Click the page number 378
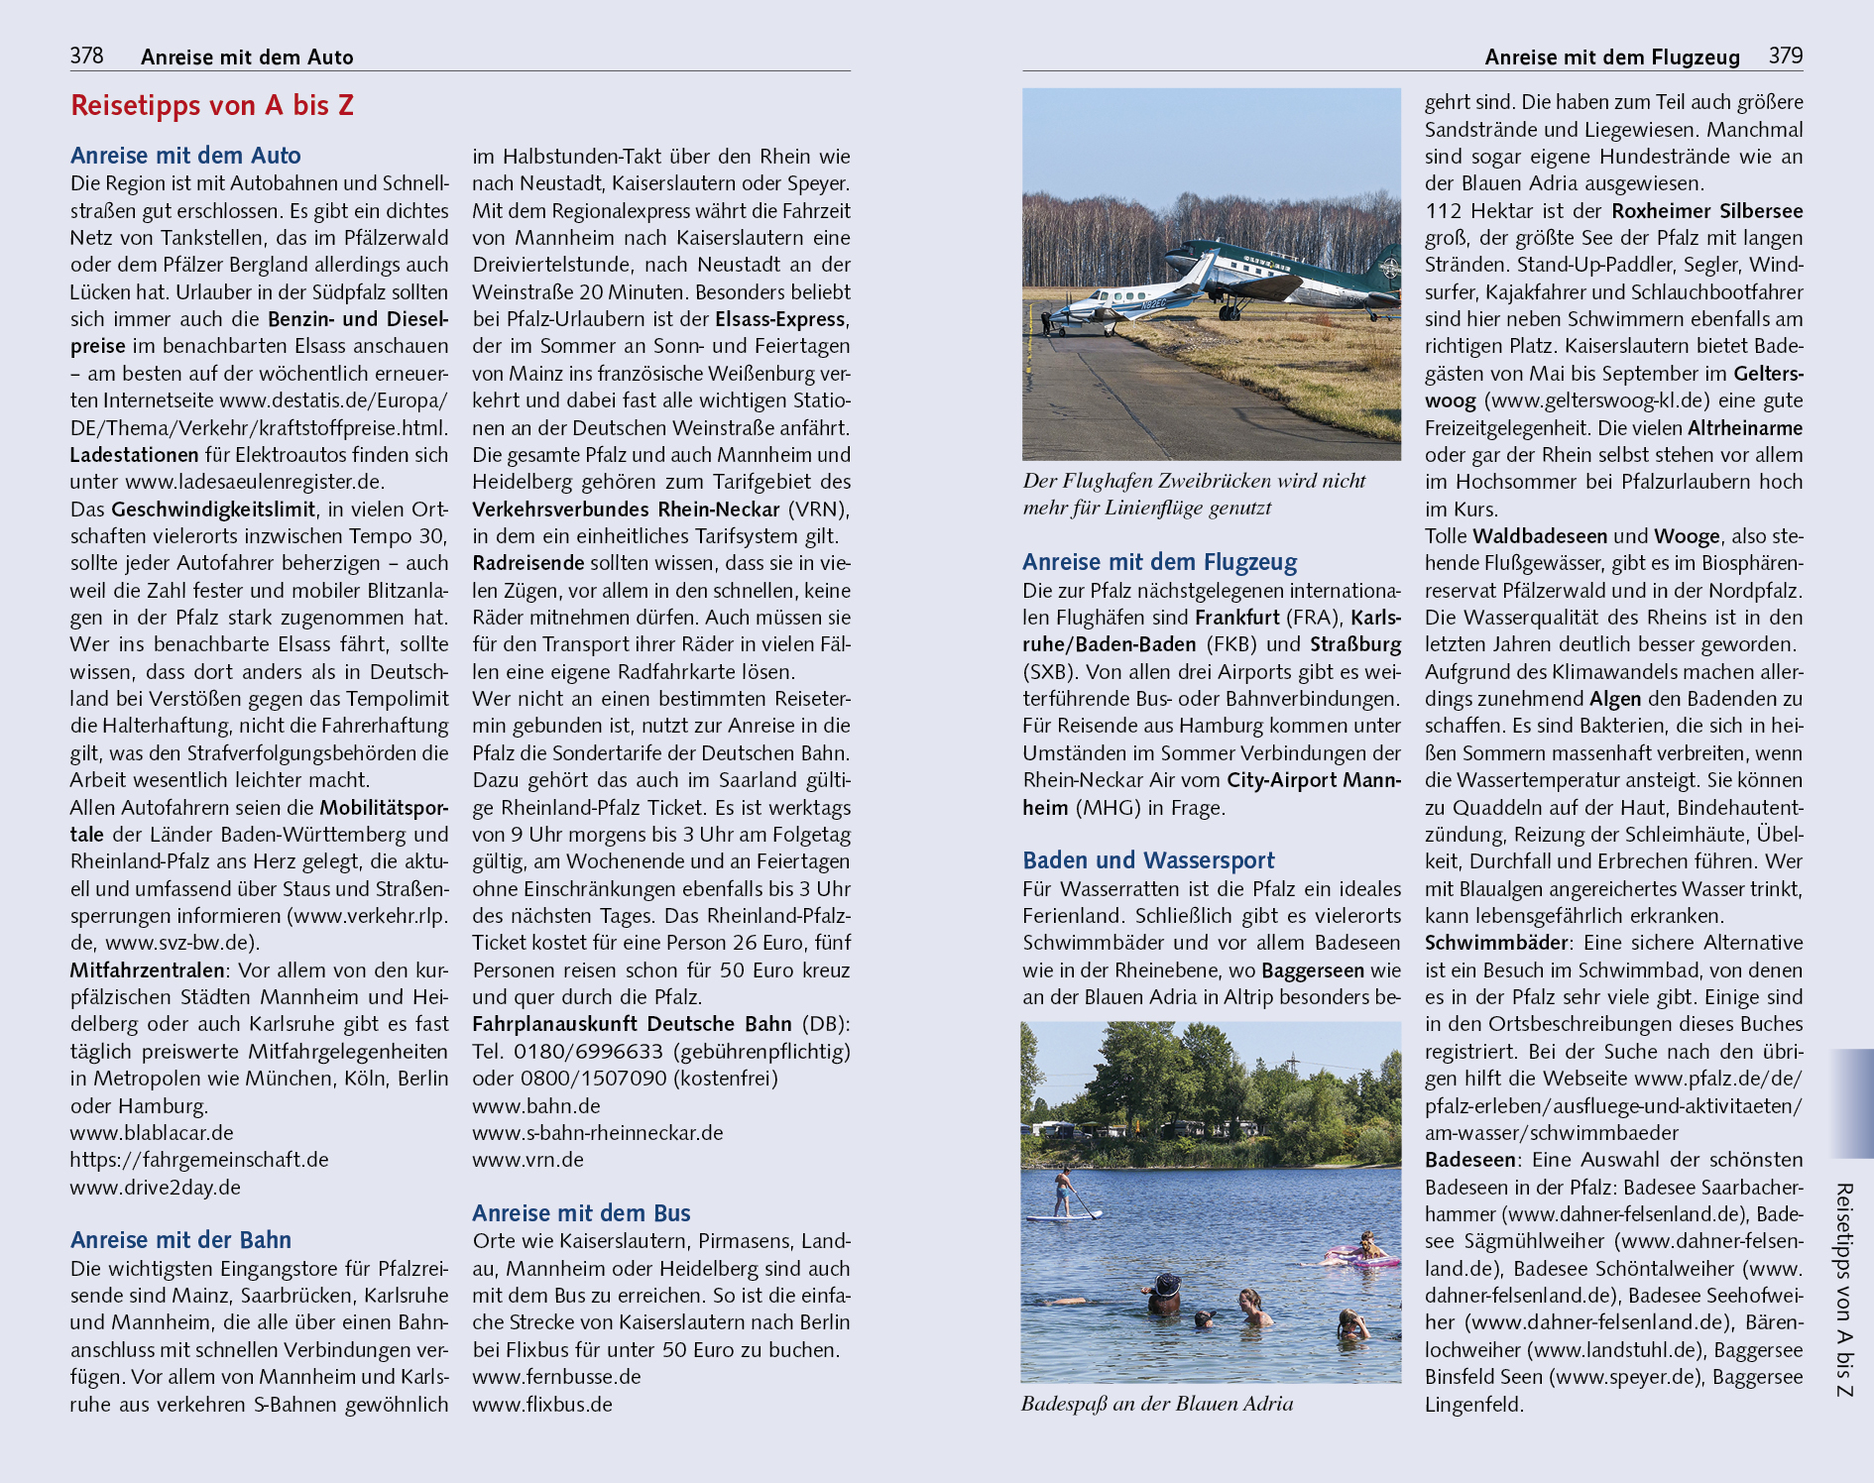point(86,56)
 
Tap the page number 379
point(1785,56)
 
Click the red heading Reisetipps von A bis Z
point(212,105)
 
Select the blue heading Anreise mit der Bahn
point(180,1239)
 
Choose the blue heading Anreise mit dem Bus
point(581,1212)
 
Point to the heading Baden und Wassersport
point(1148,859)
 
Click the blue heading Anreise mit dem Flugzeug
point(1159,562)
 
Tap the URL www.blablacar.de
point(152,1132)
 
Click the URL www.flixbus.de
point(542,1404)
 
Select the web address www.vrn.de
point(527,1159)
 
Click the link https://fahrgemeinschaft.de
point(199,1159)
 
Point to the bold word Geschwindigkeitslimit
point(213,509)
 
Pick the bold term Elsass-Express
point(780,319)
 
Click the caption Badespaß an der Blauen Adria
point(1157,1404)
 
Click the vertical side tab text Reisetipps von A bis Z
point(1843,1290)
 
